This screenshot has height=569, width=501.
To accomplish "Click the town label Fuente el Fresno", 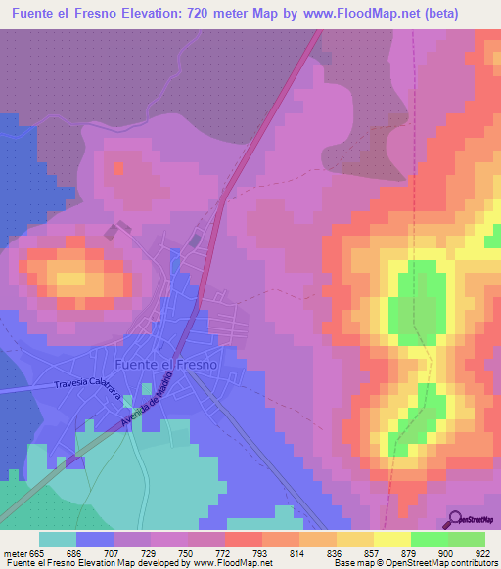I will [x=165, y=364].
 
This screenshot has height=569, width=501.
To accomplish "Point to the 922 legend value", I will [x=481, y=553].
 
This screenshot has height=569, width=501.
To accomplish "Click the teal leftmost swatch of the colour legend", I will [x=57, y=539].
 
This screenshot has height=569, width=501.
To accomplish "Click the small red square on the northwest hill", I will [x=117, y=167].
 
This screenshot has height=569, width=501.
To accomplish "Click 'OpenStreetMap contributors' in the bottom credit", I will [x=445, y=563].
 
